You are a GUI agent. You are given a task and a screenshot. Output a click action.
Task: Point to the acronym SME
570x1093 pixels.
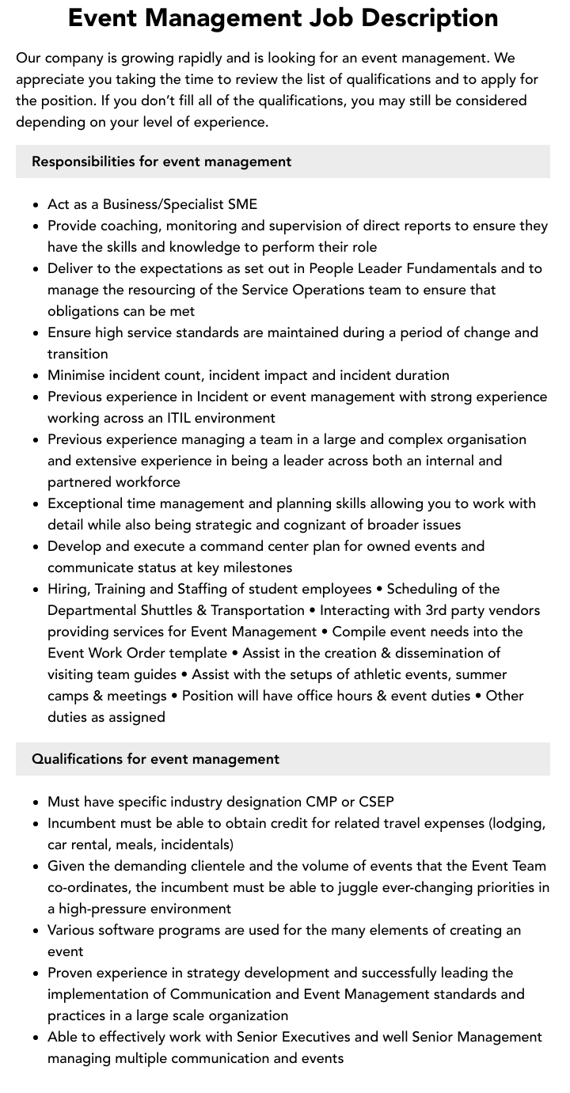[242, 204]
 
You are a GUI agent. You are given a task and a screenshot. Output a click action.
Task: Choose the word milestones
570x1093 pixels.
[254, 567]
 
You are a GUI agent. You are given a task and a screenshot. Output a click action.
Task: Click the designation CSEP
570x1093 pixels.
[375, 802]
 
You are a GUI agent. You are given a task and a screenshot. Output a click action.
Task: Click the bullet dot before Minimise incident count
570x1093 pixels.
[36, 376]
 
